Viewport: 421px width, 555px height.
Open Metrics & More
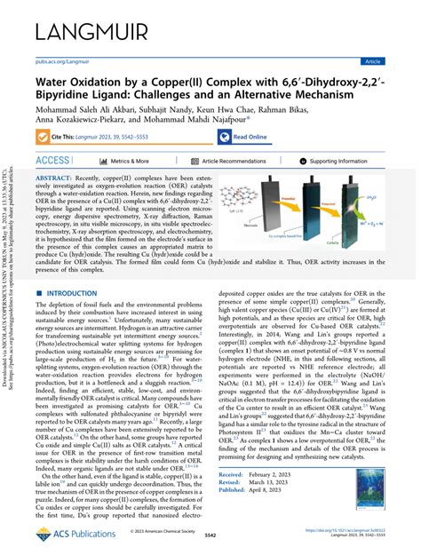click(130, 162)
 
